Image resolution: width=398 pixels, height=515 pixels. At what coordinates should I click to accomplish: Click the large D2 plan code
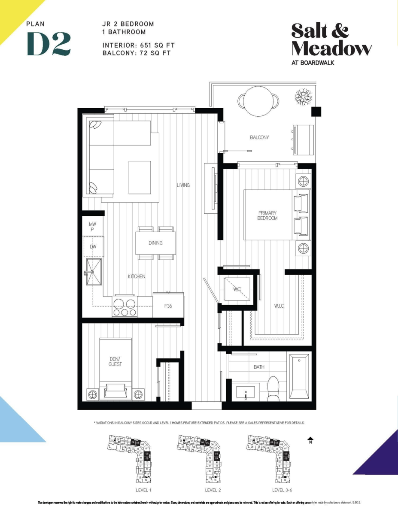48,44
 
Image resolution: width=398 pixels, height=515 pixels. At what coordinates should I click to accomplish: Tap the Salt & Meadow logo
331,39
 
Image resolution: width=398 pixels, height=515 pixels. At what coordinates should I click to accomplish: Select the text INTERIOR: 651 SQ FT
139,45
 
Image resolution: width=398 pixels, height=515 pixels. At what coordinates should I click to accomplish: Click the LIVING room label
183,185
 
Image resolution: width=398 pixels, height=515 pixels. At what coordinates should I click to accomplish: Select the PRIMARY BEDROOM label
267,215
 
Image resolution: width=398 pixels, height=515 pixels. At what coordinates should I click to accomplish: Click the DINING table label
155,243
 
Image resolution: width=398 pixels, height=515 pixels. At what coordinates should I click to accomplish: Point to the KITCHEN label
137,276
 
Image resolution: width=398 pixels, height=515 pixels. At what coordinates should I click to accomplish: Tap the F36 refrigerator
168,306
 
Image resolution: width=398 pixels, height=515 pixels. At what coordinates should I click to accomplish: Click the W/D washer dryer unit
237,290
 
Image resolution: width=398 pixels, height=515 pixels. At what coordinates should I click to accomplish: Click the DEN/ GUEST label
115,361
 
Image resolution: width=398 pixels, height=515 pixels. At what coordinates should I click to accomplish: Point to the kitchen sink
94,272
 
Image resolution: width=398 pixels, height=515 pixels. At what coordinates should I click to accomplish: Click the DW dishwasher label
93,247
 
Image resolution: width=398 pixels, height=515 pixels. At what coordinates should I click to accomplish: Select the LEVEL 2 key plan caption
213,490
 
